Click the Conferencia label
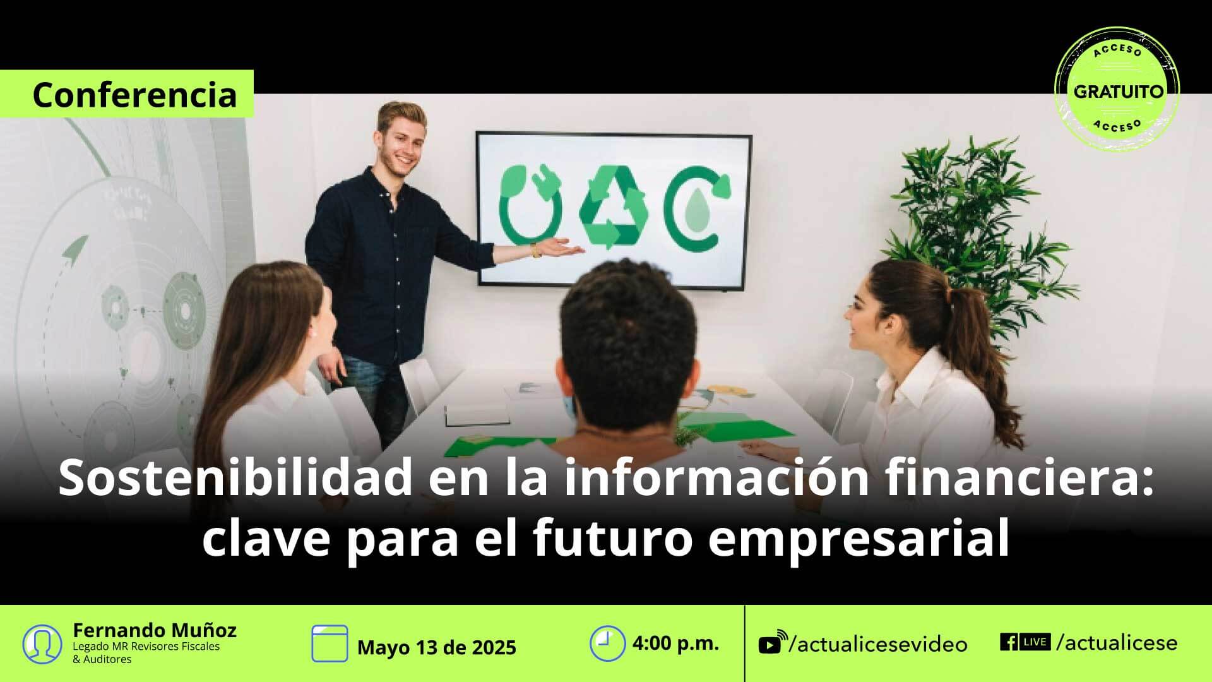click(134, 95)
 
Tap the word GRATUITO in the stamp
click(1119, 92)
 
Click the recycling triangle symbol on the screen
click(614, 206)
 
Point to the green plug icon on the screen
click(530, 203)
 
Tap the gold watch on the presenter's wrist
click(536, 250)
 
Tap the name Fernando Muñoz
click(155, 630)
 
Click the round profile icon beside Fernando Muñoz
click(42, 643)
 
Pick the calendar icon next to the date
click(330, 643)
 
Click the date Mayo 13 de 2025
click(437, 648)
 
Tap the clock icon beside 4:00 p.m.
click(607, 643)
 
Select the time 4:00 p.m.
click(675, 643)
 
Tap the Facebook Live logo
click(1025, 642)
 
